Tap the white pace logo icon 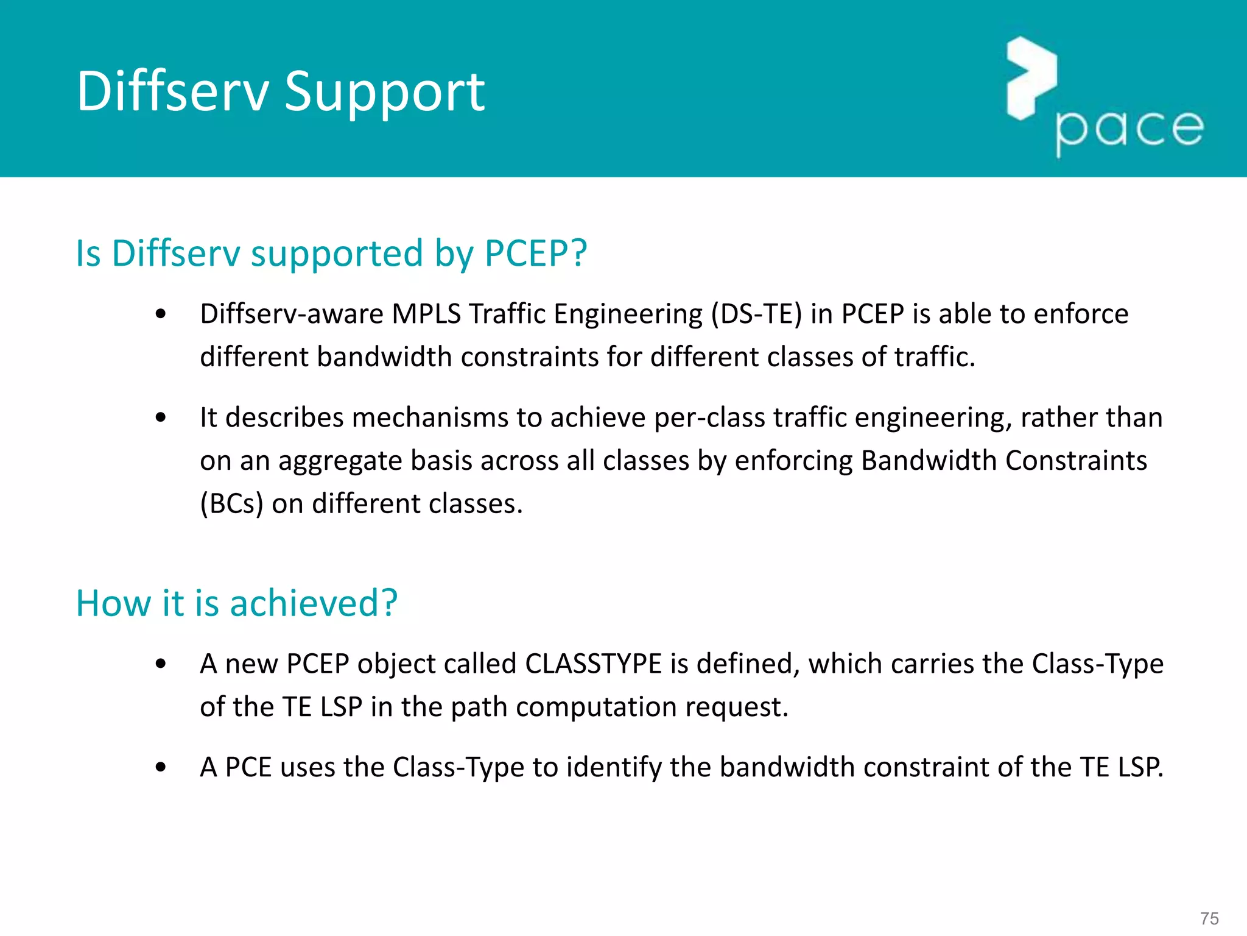click(1031, 77)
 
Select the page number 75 click(1209, 918)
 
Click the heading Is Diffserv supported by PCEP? click(331, 253)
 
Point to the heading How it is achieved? click(236, 603)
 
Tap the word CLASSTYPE click(593, 664)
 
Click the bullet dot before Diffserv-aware click(161, 314)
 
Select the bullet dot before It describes click(161, 418)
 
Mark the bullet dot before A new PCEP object click(161, 664)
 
